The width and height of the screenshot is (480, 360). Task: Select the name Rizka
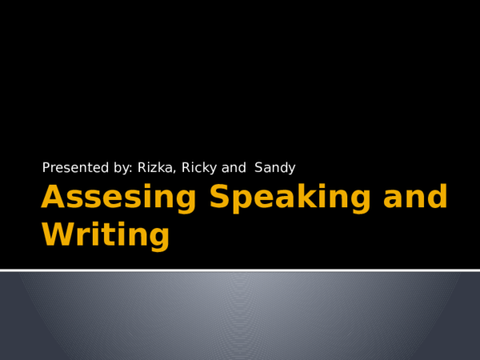[155, 168]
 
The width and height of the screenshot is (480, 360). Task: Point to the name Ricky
[198, 168]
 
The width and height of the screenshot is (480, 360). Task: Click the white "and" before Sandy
[234, 168]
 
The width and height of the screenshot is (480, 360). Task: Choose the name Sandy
[275, 168]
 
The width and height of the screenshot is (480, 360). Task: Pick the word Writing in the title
[105, 236]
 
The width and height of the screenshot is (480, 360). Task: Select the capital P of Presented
[46, 168]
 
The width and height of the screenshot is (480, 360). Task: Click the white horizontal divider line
[240, 270]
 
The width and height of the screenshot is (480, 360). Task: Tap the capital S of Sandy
[258, 168]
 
